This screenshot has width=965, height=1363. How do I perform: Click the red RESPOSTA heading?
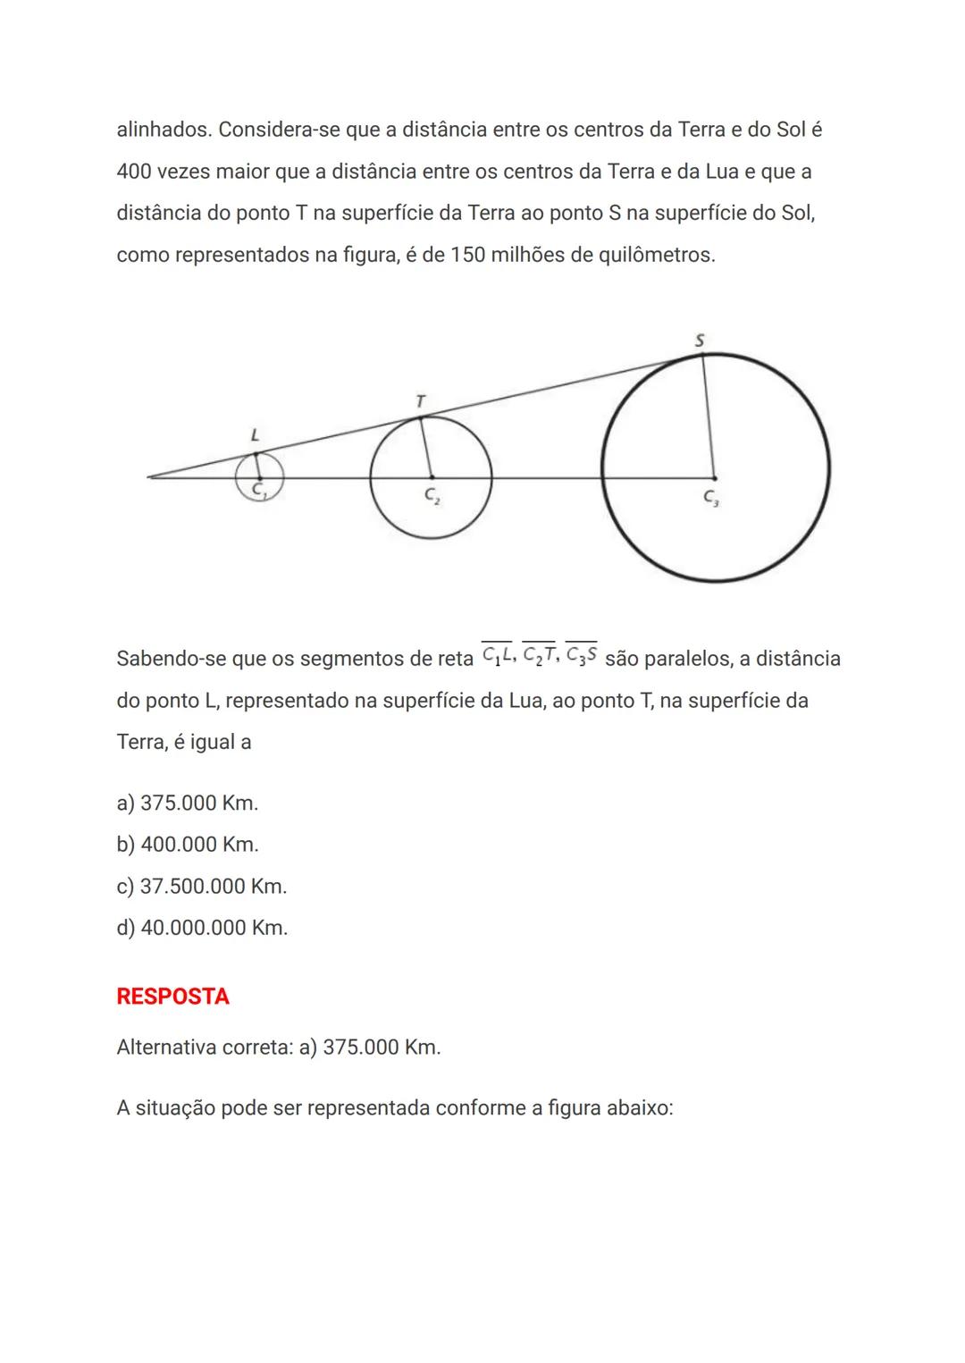(172, 997)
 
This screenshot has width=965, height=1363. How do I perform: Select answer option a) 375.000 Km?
(188, 803)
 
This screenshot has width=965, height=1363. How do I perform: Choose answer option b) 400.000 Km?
(188, 845)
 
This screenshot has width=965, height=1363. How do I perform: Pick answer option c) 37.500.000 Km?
(202, 887)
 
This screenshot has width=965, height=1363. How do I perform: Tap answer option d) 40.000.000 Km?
(202, 928)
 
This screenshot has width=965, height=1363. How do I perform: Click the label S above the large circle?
(699, 341)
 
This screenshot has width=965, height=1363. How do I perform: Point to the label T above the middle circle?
(420, 402)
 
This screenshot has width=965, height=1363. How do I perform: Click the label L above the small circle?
(255, 436)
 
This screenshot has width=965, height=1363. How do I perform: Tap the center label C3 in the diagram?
(711, 498)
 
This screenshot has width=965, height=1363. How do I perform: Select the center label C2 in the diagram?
(432, 495)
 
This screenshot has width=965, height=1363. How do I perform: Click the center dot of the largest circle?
(714, 477)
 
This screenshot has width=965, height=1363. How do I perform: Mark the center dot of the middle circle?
(432, 477)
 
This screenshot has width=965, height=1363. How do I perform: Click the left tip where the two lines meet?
(149, 477)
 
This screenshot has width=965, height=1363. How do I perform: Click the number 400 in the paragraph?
(134, 172)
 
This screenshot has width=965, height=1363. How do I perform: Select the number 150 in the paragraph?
(469, 256)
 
